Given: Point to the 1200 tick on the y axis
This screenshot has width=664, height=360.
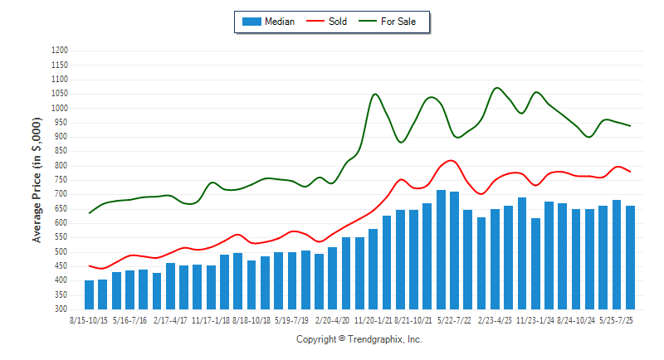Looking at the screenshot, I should (x=59, y=51).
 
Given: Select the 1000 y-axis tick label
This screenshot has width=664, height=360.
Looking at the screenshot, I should (x=59, y=108).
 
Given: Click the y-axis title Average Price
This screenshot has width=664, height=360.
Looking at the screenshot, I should (x=37, y=180).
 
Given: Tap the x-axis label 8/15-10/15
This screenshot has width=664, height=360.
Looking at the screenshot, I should (x=90, y=319).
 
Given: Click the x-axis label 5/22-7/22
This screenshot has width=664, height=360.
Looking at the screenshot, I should (x=455, y=319).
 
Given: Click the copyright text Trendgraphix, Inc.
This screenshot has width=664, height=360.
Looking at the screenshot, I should (x=359, y=339).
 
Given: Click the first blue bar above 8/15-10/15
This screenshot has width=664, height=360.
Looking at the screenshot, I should (x=90, y=294).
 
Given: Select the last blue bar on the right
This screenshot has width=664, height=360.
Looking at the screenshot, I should (x=630, y=257).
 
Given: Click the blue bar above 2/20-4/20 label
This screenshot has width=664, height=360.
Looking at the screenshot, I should (x=332, y=278).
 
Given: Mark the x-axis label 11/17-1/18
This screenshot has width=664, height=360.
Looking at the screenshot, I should (x=212, y=319).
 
